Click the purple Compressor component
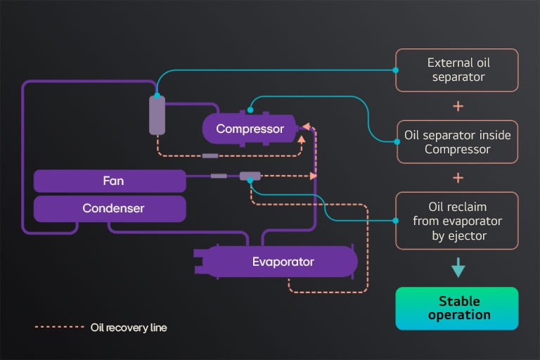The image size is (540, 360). [250, 129]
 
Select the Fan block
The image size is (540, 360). [110, 181]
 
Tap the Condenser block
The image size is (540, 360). [110, 208]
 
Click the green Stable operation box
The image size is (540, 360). [457, 308]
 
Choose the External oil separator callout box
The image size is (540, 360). [457, 70]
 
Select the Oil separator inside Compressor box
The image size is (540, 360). [457, 141]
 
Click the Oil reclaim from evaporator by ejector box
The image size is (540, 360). [457, 220]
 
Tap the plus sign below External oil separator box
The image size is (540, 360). [458, 106]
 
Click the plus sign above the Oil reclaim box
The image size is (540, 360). [458, 177]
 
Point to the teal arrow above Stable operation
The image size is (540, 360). [458, 268]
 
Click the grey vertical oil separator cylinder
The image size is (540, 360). [157, 115]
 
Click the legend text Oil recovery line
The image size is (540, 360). [129, 328]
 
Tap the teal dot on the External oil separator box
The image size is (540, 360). [396, 70]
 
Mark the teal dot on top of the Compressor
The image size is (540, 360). [250, 110]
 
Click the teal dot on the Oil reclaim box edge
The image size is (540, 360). [396, 221]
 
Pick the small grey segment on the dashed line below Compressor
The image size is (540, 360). [210, 155]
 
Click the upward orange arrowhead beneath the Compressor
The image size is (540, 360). [302, 139]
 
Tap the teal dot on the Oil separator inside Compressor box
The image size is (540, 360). [396, 141]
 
